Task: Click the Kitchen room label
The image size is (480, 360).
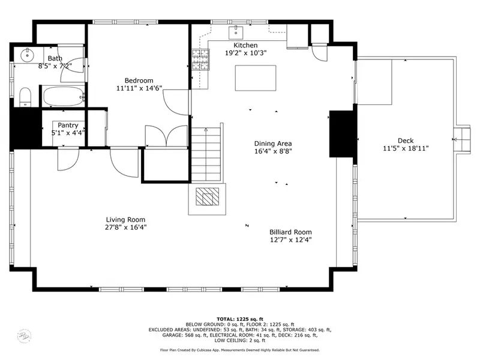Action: [245, 45]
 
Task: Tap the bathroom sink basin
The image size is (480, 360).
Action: [27, 55]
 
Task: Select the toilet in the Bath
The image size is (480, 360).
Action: [25, 97]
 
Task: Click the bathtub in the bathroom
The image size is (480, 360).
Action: [63, 97]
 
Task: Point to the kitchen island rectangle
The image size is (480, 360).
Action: [256, 78]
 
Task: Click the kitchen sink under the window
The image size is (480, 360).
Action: [236, 33]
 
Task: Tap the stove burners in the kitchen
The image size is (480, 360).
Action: [200, 59]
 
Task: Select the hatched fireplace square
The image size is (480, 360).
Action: [207, 197]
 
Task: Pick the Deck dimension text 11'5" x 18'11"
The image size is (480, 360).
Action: [406, 148]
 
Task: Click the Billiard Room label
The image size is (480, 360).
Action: [290, 232]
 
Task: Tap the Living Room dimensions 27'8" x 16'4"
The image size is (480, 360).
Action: [125, 227]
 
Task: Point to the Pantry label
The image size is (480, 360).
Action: [68, 125]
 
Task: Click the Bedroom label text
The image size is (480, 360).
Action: [139, 80]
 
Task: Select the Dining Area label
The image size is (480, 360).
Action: [273, 143]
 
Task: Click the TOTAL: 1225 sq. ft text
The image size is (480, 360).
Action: [240, 319]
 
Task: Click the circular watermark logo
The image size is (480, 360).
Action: [24, 336]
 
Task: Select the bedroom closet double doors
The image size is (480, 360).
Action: [166, 136]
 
